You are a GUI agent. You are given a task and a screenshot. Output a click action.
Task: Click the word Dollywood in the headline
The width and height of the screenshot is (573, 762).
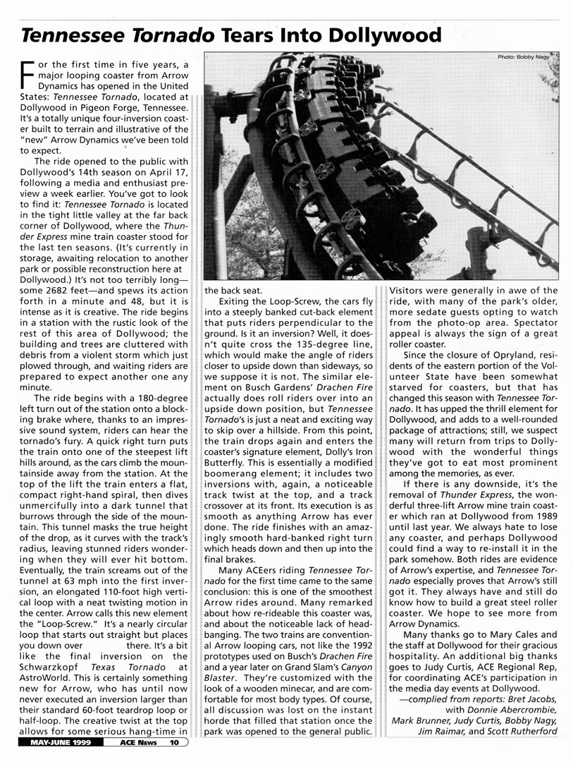coord(381,35)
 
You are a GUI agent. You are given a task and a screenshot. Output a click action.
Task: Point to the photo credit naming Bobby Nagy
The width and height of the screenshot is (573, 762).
coord(523,58)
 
